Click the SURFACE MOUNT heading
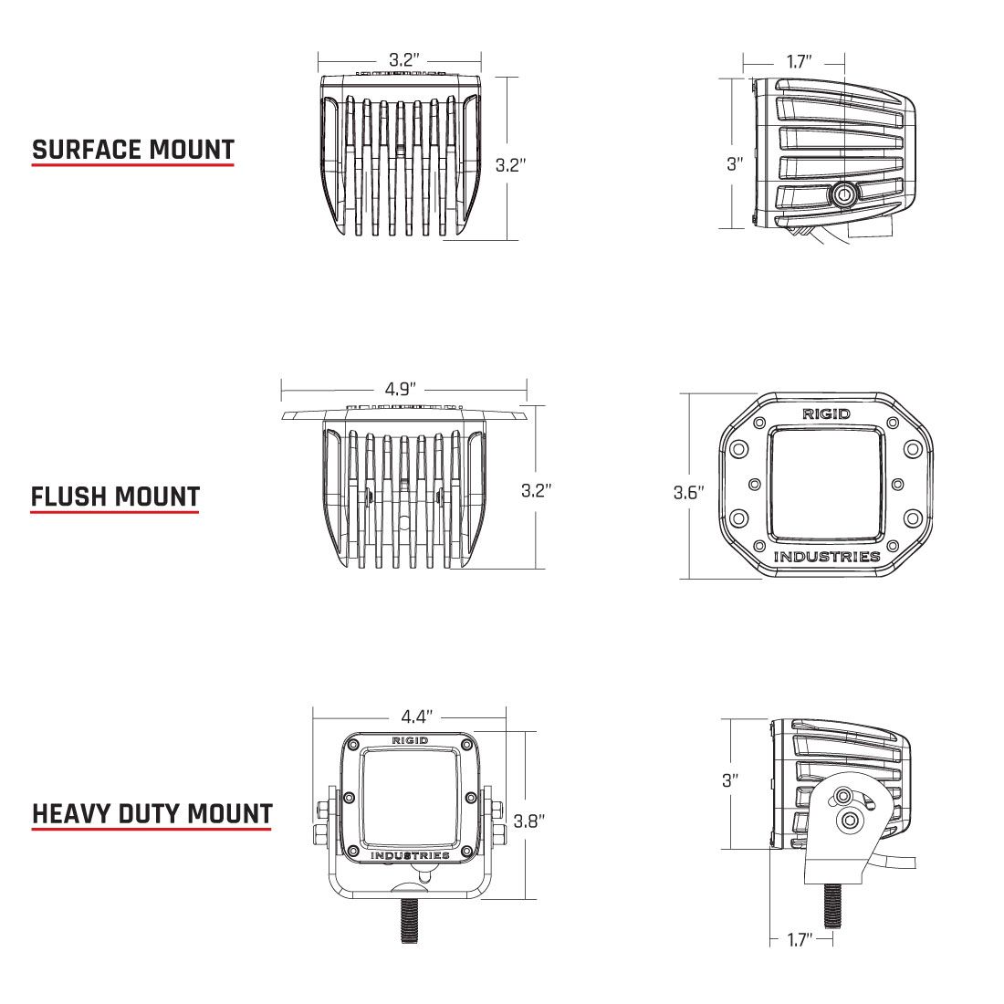(x=133, y=150)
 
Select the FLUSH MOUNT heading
(x=115, y=497)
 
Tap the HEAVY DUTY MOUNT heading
(x=152, y=812)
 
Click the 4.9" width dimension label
(x=403, y=389)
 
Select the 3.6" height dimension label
(x=689, y=493)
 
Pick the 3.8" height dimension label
(x=529, y=821)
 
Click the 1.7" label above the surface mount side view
(x=799, y=62)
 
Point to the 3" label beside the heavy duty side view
(x=729, y=780)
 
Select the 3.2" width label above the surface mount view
(x=404, y=60)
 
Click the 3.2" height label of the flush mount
(x=537, y=490)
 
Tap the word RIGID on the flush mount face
(x=826, y=413)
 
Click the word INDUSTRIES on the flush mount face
(x=827, y=557)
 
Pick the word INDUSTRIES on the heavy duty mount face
(x=410, y=855)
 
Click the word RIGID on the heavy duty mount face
(x=410, y=739)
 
